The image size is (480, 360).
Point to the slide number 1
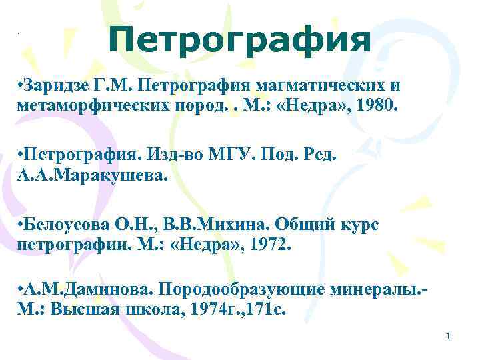pyautogui.click(x=448, y=337)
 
